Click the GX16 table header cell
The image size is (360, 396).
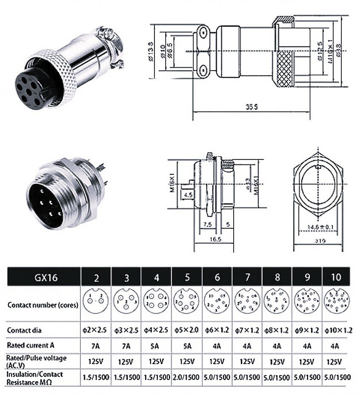point(44,277)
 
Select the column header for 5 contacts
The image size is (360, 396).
point(187,277)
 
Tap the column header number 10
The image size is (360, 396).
point(336,277)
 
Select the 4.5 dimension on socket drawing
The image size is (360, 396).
point(188,195)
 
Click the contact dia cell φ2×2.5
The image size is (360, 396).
point(97,330)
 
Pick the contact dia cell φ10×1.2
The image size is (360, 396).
point(336,330)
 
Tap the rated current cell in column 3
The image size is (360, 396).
point(126,346)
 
